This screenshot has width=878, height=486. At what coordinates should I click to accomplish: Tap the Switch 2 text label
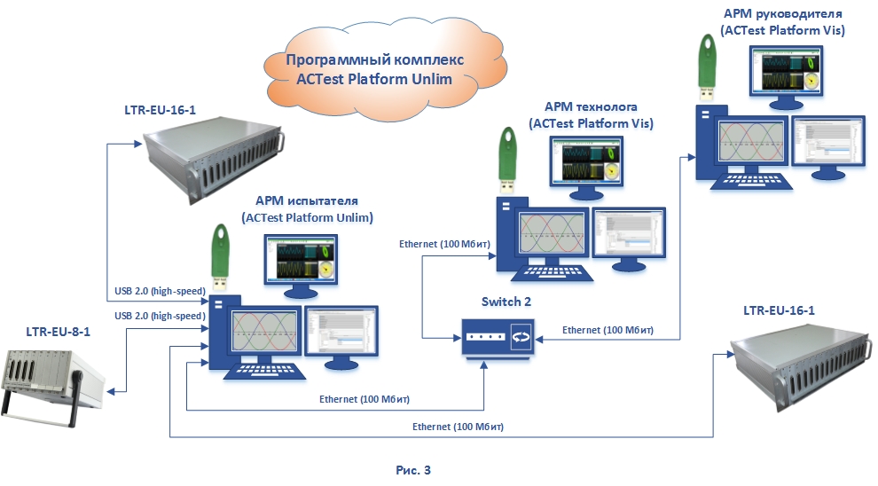pos(506,302)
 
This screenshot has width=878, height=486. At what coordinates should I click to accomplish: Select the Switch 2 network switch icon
pos(497,338)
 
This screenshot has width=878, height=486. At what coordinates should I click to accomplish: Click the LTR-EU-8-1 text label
pos(59,331)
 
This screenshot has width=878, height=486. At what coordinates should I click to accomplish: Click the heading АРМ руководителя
pos(782,14)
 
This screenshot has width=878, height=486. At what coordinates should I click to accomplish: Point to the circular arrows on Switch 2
pos(521,339)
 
